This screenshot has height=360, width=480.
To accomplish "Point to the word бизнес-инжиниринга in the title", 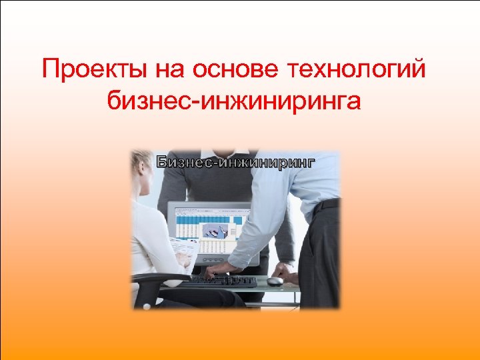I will tap(233, 101).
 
